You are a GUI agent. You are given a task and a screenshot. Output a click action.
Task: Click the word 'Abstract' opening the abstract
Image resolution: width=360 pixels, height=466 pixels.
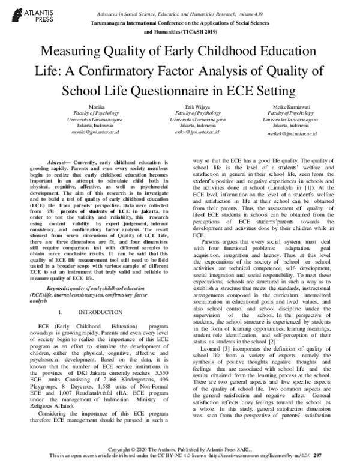60,162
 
